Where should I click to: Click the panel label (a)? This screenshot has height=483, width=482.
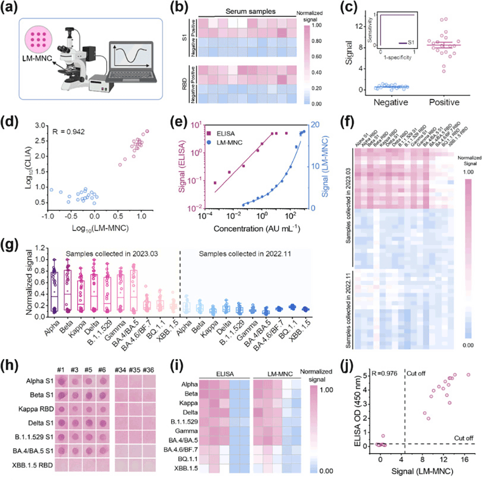pos(11,9)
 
